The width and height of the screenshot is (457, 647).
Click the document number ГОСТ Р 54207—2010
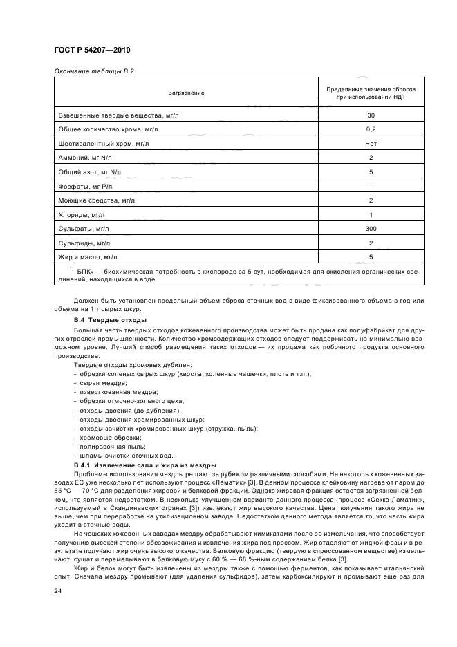[91, 51]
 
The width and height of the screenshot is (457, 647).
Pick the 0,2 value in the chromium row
[371, 129]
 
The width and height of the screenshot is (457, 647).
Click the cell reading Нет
[371, 144]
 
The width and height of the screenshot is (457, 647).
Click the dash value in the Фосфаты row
[371, 187]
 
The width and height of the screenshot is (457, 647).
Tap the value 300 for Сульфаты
[371, 229]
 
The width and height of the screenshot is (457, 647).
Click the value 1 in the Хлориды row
[371, 215]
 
